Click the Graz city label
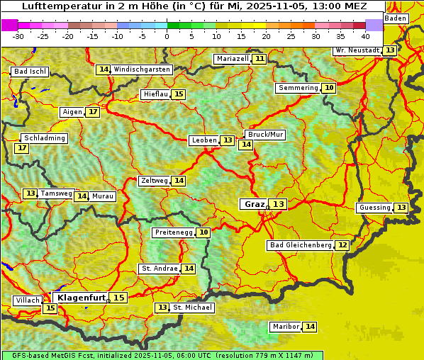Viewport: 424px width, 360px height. tap(254, 204)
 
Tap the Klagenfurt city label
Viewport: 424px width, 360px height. tap(81, 298)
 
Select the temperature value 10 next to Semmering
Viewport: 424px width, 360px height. tap(328, 88)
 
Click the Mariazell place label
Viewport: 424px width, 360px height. tap(232, 59)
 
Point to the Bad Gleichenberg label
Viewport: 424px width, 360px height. tap(299, 245)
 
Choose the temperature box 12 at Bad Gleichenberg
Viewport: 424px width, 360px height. tap(342, 245)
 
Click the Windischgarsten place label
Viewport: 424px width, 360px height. tap(142, 69)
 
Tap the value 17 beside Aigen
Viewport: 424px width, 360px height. tap(93, 112)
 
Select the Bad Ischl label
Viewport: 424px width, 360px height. tap(30, 72)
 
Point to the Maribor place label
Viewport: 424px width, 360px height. tap(285, 327)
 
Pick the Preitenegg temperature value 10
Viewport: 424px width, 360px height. tap(203, 232)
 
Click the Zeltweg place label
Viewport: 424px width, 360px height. tap(154, 181)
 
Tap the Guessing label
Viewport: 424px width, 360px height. tap(374, 208)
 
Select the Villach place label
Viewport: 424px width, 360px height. tap(28, 300)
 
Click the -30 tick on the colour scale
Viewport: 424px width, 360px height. tap(18, 36)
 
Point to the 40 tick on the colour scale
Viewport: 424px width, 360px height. tap(365, 36)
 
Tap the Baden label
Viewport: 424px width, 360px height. tap(396, 18)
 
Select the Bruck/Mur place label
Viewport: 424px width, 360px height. tap(265, 135)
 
